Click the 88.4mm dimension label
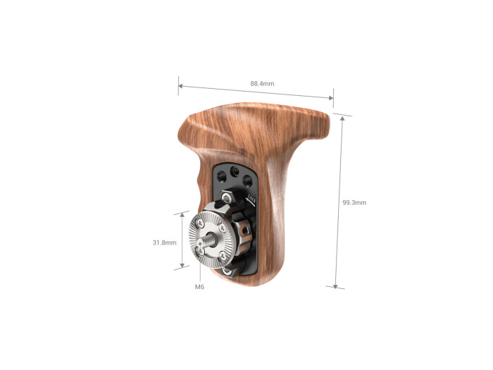(x=262, y=83)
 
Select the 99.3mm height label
(x=354, y=203)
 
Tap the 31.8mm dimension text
(x=164, y=242)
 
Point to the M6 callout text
(x=199, y=288)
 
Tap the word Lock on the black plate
(x=251, y=199)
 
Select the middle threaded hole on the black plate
(x=234, y=171)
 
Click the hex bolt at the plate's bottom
(x=227, y=271)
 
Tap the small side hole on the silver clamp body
(x=234, y=230)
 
